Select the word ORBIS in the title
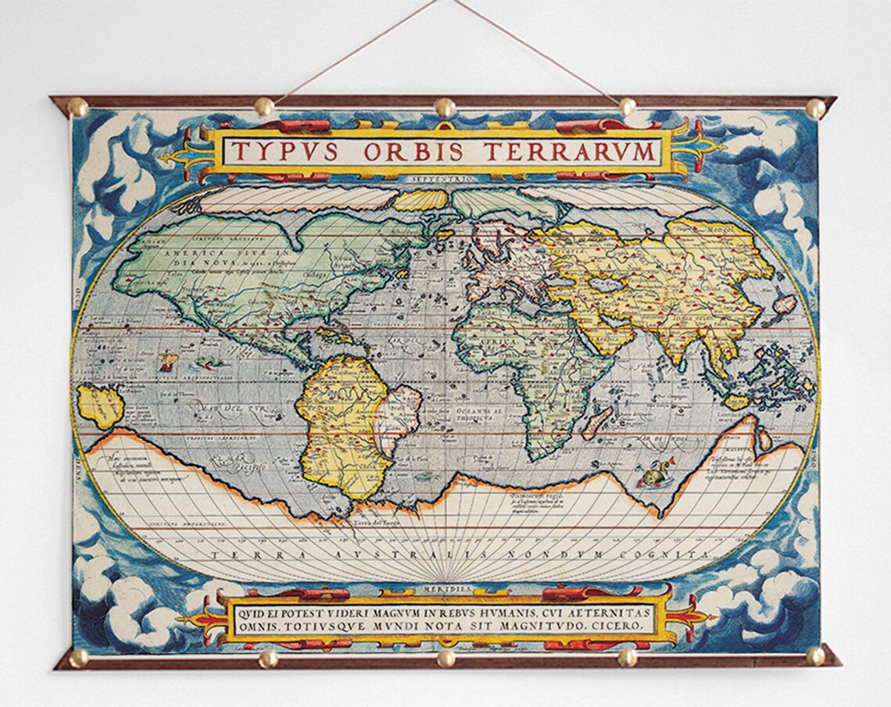[x=409, y=150]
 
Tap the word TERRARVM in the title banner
[x=567, y=150]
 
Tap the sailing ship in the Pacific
[x=168, y=361]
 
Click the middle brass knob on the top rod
[x=445, y=107]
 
